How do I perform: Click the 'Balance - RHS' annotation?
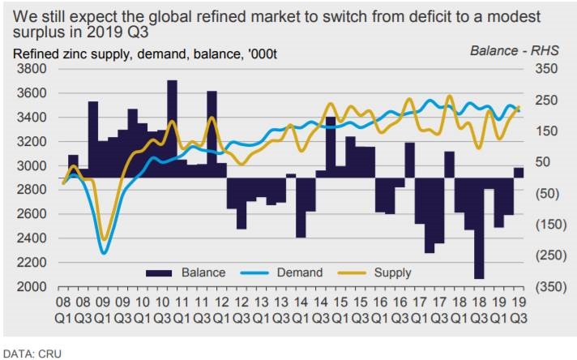(x=509, y=51)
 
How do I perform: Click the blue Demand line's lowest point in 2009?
(x=104, y=253)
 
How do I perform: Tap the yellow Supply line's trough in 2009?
(x=104, y=240)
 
